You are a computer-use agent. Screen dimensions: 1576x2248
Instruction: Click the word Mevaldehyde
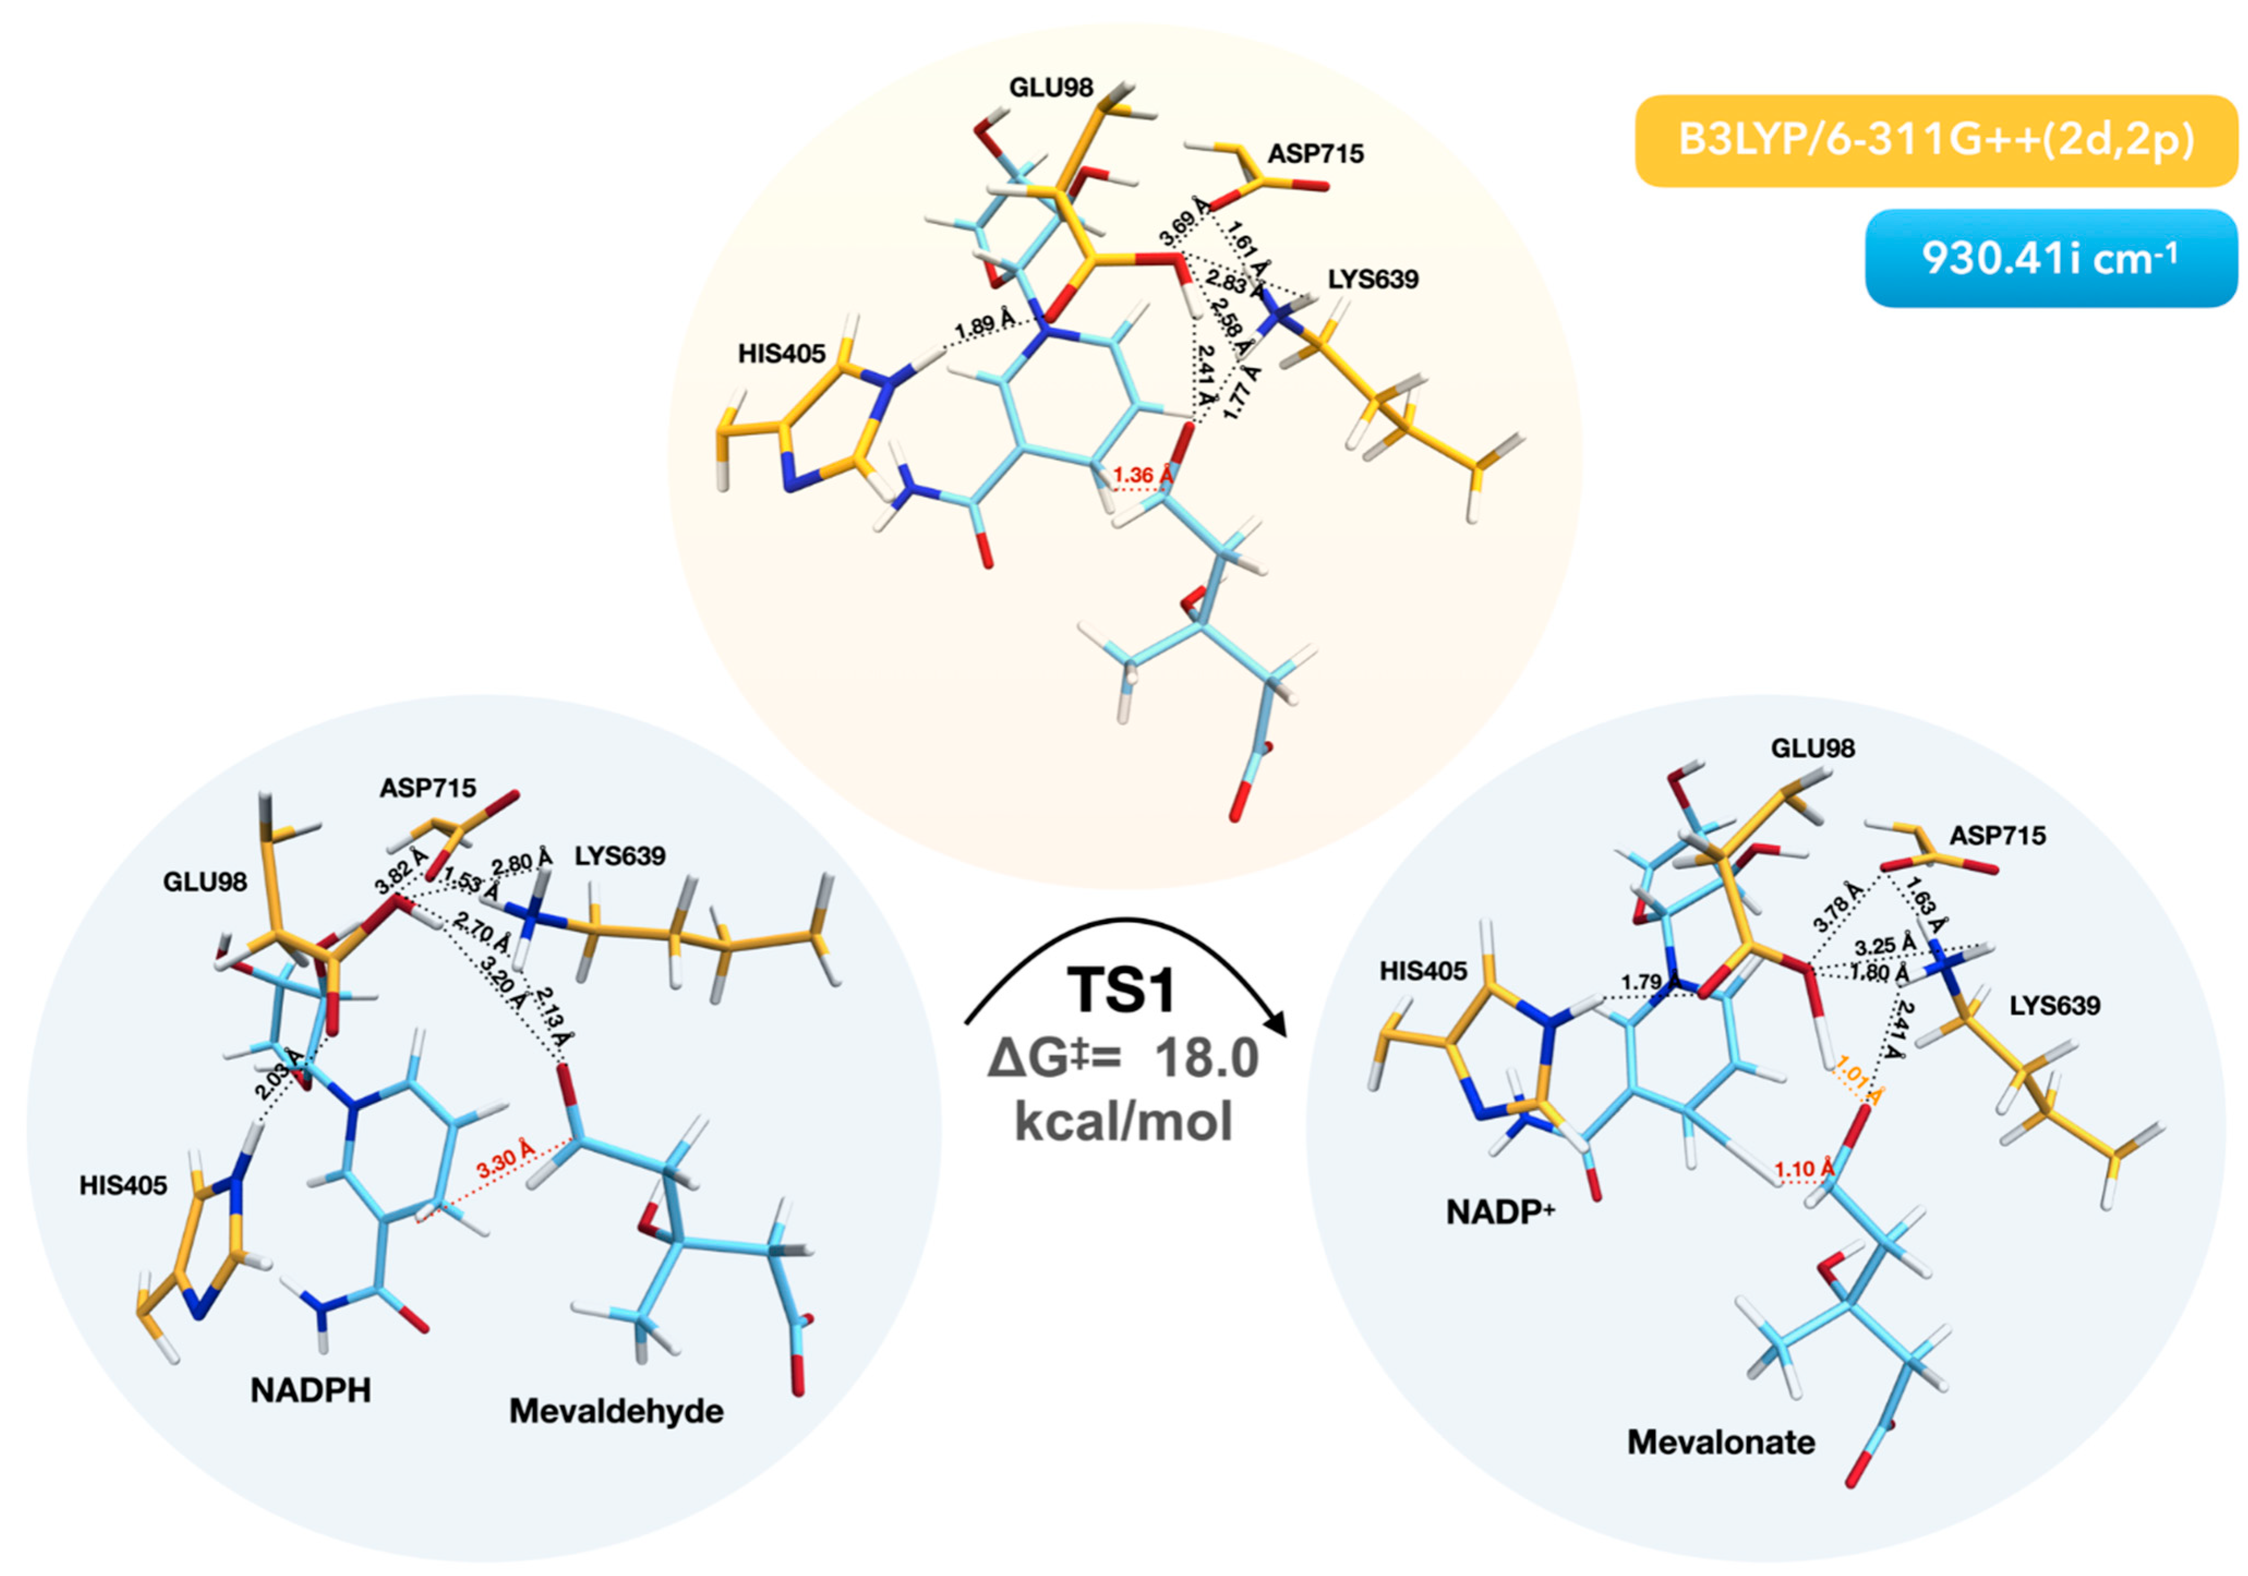(616, 1411)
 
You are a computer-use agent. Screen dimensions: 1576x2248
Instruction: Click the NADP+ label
(1500, 1212)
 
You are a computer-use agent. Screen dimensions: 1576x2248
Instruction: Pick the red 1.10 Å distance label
(1804, 1169)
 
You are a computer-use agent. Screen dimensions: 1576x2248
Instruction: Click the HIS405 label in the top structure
(781, 353)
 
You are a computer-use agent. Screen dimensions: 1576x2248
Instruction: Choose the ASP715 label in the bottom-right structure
(1997, 835)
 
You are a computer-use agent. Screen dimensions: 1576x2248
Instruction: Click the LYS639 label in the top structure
(1373, 279)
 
